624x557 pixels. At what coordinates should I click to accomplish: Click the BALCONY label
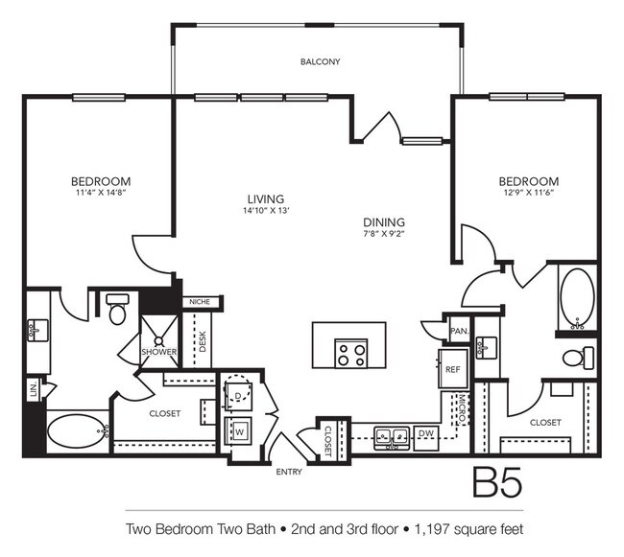320,62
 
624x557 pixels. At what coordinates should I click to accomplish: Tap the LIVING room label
266,198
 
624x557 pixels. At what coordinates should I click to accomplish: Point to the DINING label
384,222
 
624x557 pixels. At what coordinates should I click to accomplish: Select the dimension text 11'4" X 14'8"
101,193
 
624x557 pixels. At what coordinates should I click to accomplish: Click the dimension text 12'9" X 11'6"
529,193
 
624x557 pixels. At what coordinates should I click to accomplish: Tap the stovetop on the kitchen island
351,353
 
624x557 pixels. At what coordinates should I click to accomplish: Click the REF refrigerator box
453,369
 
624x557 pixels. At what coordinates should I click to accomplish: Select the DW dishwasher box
426,438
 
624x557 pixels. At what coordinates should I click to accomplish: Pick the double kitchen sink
392,438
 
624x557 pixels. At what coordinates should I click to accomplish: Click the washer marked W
238,430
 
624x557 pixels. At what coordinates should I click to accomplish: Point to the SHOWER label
159,352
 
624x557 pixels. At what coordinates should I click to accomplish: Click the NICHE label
200,302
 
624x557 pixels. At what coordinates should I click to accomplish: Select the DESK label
203,341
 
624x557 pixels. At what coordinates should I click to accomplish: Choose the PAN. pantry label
460,331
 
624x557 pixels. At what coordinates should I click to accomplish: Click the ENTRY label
289,472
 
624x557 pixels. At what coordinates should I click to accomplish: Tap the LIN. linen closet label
34,389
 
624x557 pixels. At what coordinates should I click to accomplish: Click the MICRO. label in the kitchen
462,408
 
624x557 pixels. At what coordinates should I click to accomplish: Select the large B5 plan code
497,482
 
